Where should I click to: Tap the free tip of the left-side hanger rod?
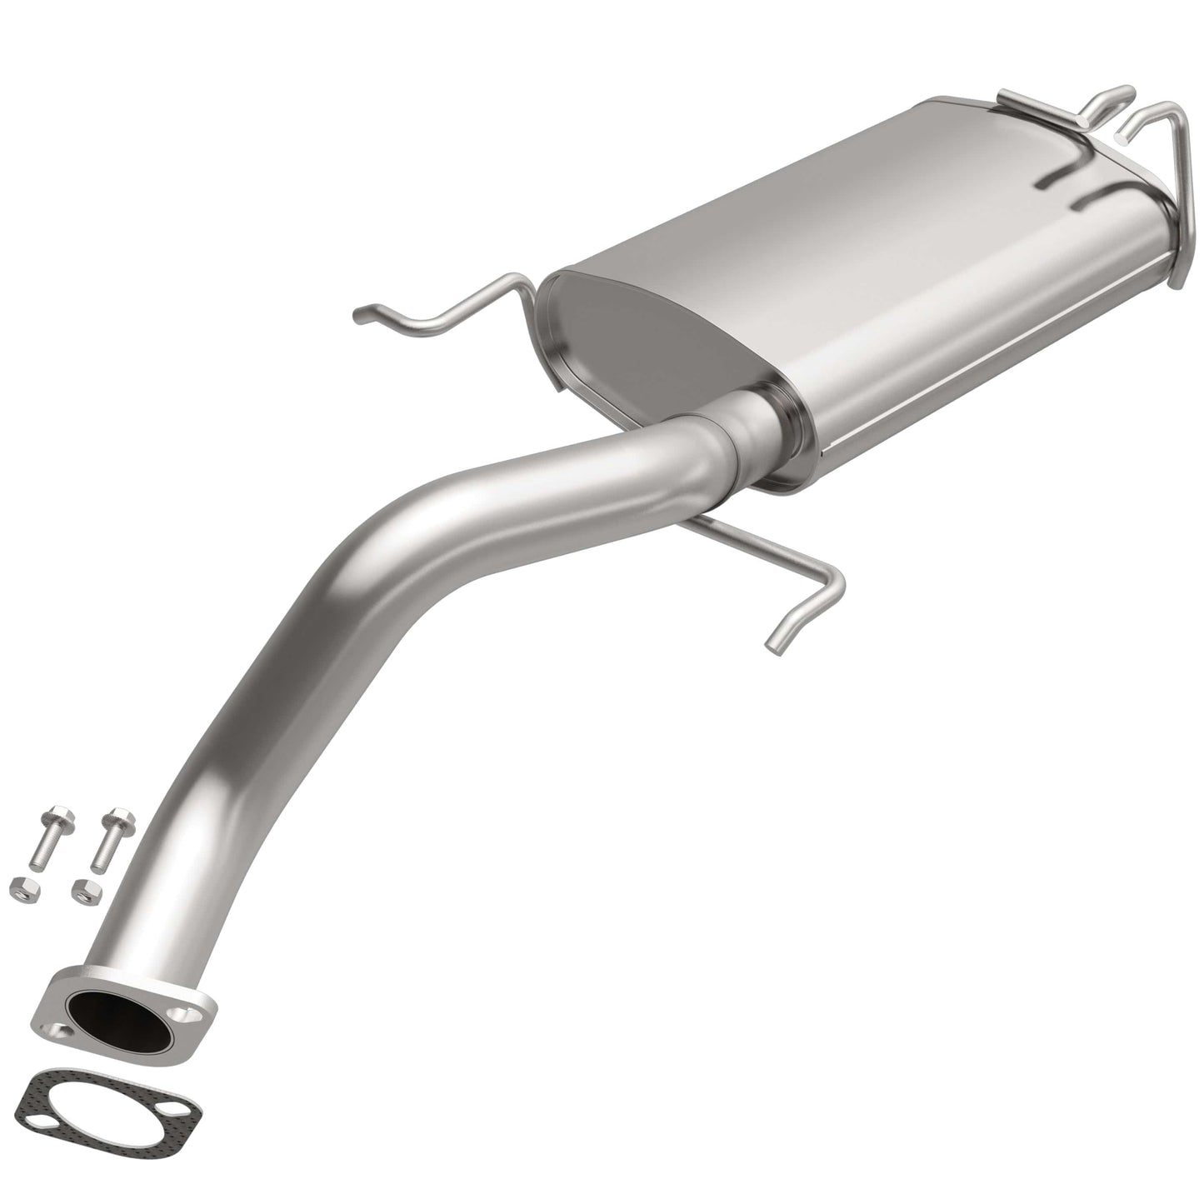(360, 314)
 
